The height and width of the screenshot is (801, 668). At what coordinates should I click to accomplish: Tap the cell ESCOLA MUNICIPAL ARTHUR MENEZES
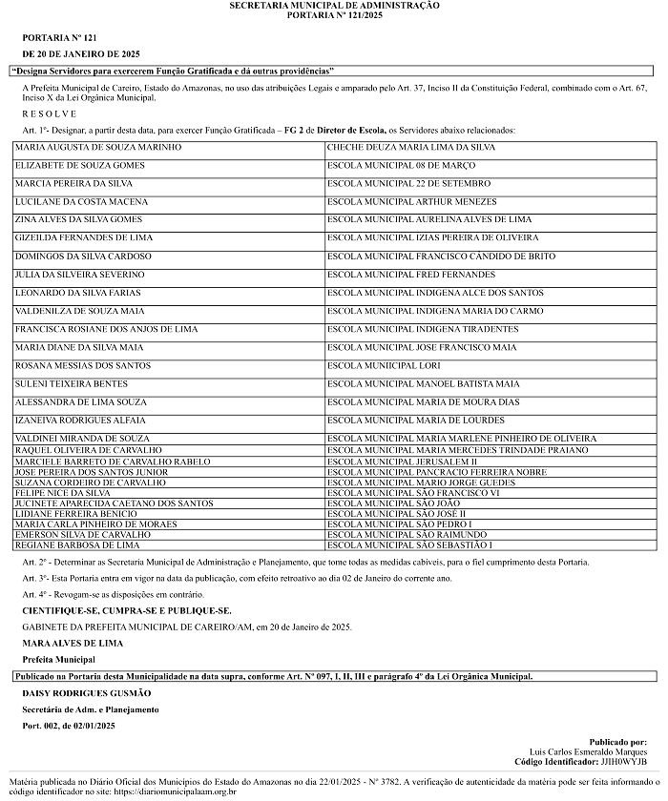[411, 202]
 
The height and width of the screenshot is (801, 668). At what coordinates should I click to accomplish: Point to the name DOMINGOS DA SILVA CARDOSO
[84, 257]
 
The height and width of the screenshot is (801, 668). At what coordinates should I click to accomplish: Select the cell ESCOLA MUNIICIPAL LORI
[384, 365]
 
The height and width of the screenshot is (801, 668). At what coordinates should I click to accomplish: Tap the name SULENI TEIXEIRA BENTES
[72, 383]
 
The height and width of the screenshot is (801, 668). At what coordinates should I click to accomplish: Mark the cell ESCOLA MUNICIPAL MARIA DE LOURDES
[417, 420]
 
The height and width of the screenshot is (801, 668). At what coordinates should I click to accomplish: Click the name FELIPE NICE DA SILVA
[63, 493]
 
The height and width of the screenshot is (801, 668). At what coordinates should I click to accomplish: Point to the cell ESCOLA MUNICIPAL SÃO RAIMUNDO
[400, 535]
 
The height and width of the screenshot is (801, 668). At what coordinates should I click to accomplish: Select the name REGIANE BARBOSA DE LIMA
[78, 545]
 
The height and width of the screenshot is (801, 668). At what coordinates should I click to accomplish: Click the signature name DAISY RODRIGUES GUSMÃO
[87, 693]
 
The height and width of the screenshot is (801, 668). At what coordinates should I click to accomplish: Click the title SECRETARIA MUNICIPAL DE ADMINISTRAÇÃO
[334, 6]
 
